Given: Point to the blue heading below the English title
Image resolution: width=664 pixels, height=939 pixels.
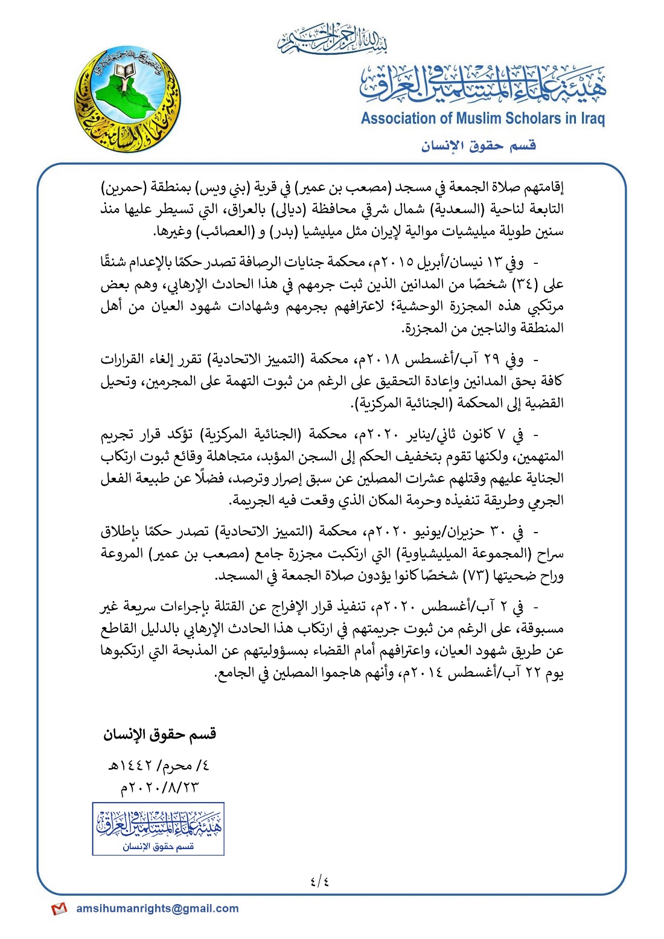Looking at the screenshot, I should [479, 146].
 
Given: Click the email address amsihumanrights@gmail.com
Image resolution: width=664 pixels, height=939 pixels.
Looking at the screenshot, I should [158, 908].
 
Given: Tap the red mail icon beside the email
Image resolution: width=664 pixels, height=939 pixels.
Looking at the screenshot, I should [59, 909].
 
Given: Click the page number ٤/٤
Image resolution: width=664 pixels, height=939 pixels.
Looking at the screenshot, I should [320, 881].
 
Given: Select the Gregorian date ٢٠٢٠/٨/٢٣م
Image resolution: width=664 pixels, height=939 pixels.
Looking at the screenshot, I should [159, 787].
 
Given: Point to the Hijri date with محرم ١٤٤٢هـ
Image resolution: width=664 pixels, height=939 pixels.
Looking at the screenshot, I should [158, 766].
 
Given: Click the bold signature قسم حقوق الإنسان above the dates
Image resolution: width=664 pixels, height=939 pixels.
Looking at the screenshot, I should [159, 734].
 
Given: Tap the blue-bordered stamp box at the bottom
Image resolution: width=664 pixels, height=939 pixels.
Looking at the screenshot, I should [158, 828].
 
